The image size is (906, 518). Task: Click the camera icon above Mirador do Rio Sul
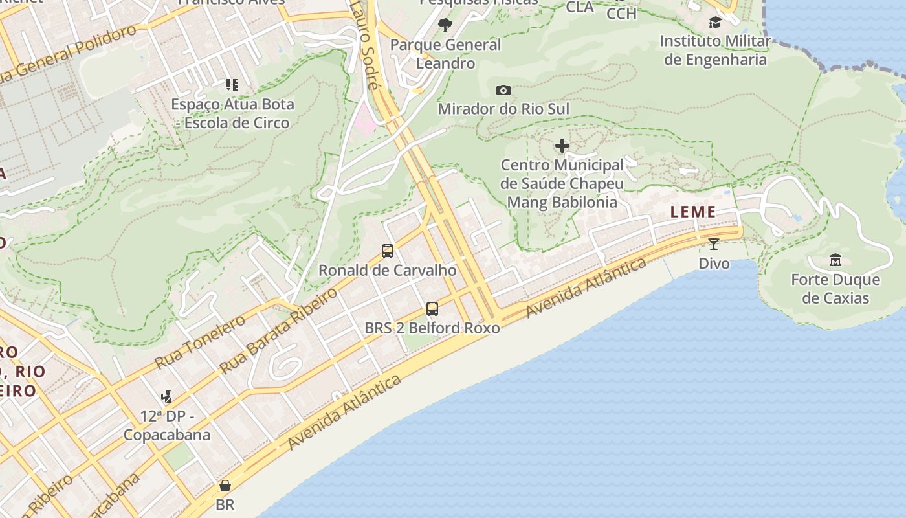(x=503, y=91)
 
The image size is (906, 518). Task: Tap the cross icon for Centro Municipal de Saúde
(x=562, y=146)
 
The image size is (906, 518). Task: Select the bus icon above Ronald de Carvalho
(x=388, y=251)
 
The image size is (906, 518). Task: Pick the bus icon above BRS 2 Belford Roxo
(x=432, y=309)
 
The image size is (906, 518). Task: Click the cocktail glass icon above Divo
(x=714, y=244)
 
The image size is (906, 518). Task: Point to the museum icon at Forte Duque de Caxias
(x=835, y=260)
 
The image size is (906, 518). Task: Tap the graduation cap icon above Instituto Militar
(x=715, y=23)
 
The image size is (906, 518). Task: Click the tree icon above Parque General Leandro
(x=445, y=25)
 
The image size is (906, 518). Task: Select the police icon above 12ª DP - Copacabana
(x=167, y=396)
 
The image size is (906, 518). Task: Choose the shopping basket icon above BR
(x=225, y=486)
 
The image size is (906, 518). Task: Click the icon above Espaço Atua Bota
(x=232, y=85)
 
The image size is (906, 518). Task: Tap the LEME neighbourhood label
(x=693, y=212)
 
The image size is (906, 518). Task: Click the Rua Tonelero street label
(x=200, y=341)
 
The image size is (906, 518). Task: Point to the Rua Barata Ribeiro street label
(x=278, y=331)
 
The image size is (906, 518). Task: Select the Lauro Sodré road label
(x=364, y=45)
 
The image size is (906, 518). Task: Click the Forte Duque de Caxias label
(x=835, y=289)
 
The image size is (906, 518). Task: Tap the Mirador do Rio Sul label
(x=503, y=109)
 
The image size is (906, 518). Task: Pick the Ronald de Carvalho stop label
(x=387, y=270)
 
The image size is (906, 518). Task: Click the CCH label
(x=621, y=12)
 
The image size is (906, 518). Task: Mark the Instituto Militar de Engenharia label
(x=715, y=51)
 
